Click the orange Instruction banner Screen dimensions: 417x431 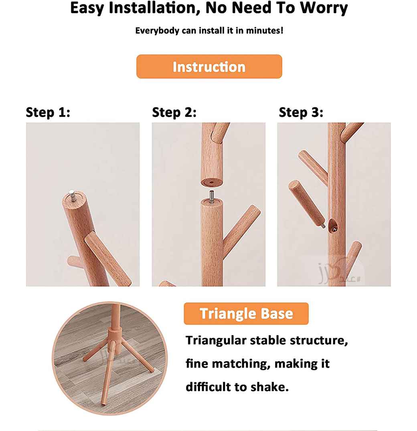209,66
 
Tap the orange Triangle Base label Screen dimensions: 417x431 246,314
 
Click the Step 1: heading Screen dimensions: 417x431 48,112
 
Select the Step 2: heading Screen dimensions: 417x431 174,112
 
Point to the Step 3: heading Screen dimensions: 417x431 301,112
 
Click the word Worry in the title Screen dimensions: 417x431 324,8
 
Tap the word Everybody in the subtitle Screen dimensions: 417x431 157,30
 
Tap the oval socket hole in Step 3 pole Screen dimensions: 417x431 333,226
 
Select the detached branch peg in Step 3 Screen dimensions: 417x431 307,203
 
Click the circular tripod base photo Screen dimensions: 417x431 110,358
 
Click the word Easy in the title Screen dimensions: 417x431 87,8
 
